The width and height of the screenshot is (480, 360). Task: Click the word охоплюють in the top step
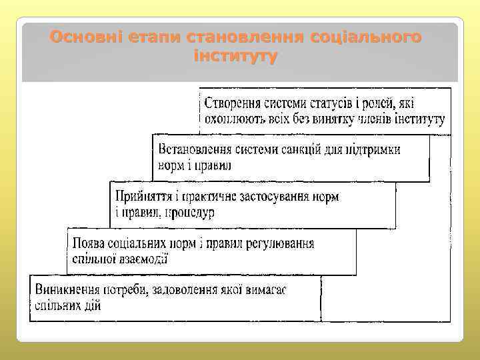(234, 120)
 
